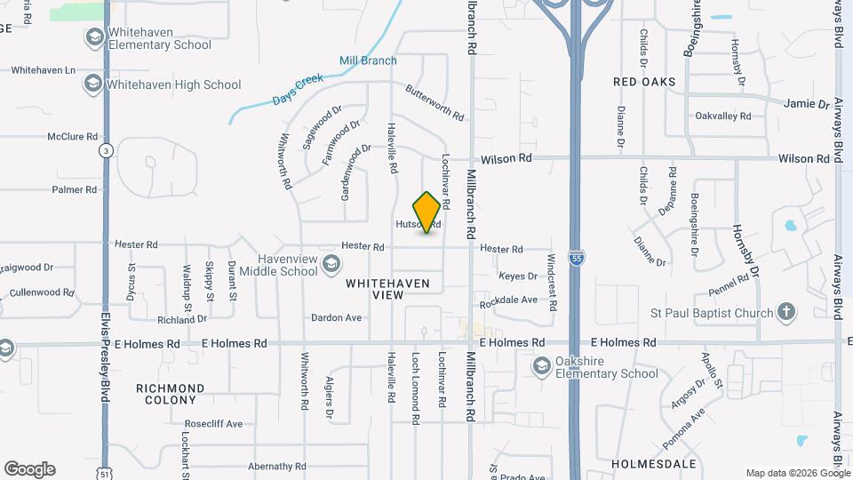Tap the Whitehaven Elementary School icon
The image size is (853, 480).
(x=93, y=38)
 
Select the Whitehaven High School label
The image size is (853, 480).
(x=172, y=85)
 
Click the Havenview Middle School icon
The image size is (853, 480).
(x=331, y=263)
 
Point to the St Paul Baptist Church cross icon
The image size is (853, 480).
(x=785, y=312)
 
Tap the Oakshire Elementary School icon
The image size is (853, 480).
(x=540, y=366)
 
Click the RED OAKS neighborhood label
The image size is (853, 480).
(x=644, y=82)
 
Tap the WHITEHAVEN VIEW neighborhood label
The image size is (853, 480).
(x=387, y=289)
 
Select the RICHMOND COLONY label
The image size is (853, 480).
(x=171, y=395)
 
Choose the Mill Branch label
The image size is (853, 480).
(x=368, y=60)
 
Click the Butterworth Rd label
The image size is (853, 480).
(x=434, y=103)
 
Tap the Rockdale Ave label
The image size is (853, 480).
(x=508, y=301)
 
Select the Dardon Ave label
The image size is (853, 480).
(x=336, y=317)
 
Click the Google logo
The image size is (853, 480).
(x=29, y=469)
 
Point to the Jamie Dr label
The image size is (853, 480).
(x=806, y=104)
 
